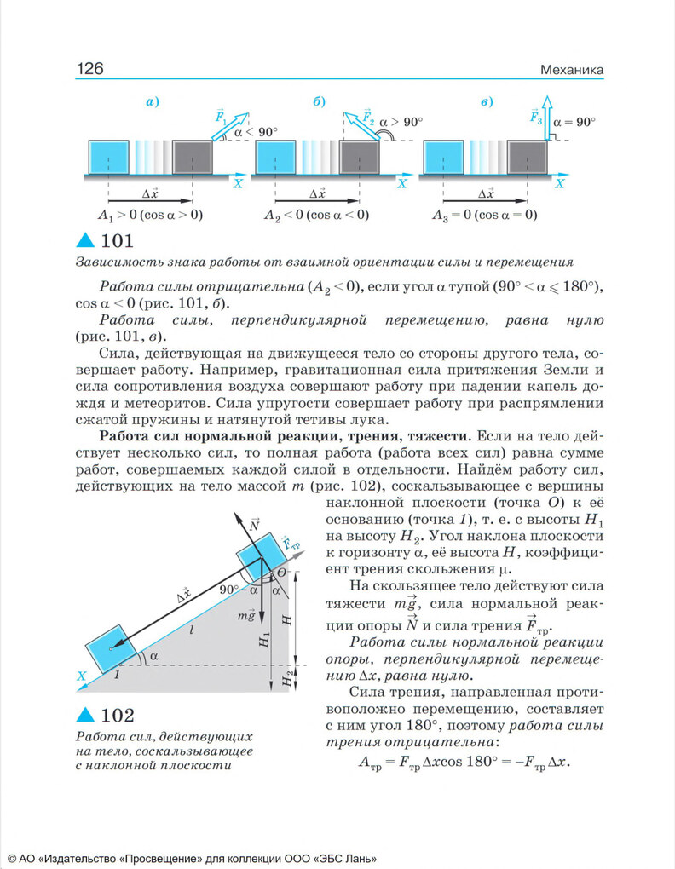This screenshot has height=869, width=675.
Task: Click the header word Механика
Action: (x=572, y=69)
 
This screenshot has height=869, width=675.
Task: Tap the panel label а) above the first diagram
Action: (x=153, y=103)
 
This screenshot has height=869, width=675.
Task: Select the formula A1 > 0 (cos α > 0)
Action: (x=150, y=215)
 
